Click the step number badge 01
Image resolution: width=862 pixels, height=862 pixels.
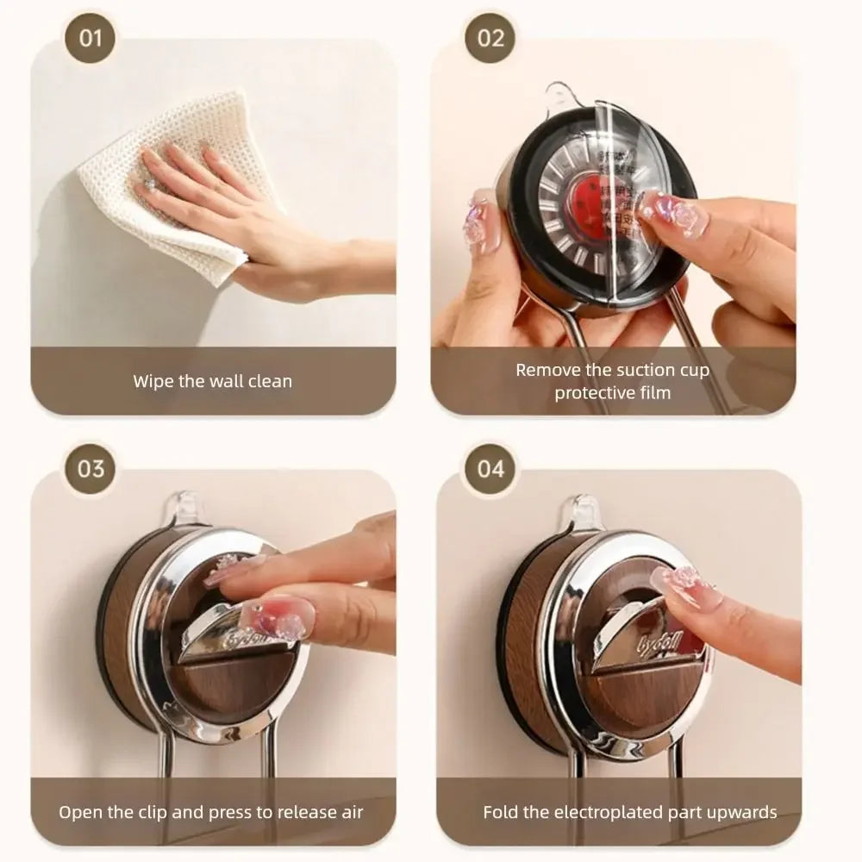pos(90,38)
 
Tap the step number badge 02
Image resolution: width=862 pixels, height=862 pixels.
pos(490,38)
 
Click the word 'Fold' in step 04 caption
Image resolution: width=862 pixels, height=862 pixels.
pos(500,812)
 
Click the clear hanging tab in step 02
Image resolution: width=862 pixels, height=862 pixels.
pos(560,96)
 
